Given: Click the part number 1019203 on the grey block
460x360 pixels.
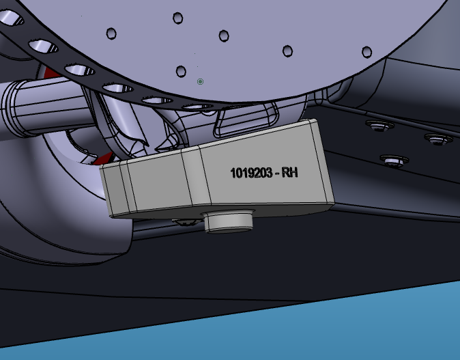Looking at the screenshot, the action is (251, 173).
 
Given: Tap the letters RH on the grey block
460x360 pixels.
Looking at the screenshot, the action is (290, 172).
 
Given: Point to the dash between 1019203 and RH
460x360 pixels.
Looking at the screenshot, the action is (277, 174).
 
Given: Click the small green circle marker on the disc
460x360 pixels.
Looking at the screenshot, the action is (200, 81).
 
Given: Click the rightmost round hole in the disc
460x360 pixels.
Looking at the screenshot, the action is (366, 52).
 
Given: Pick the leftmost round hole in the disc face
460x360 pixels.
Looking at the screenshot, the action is (111, 33).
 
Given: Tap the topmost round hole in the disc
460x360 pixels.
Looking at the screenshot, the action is (177, 18).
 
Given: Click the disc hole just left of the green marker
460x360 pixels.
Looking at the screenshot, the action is (181, 71).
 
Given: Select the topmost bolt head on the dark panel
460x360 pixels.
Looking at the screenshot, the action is (379, 126).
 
